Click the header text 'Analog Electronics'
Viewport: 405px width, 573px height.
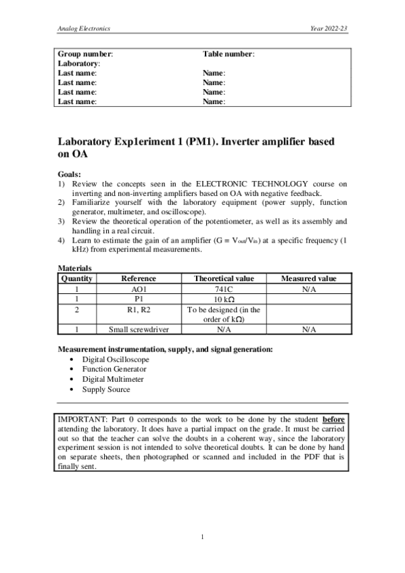(x=84, y=30)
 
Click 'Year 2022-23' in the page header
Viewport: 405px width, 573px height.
(x=329, y=30)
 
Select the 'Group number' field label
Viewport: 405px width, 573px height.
(x=85, y=53)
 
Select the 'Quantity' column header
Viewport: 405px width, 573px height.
(x=76, y=278)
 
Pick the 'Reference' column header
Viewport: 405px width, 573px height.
(x=139, y=278)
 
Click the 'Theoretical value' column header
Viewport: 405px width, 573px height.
(x=224, y=278)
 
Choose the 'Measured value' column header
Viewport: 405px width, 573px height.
(x=309, y=278)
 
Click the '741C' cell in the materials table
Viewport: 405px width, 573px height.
(x=224, y=289)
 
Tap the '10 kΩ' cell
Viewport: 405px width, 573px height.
(x=224, y=299)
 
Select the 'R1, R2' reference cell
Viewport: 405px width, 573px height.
(x=139, y=309)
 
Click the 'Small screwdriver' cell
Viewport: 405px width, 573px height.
(x=139, y=330)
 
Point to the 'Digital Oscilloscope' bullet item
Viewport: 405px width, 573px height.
(x=116, y=359)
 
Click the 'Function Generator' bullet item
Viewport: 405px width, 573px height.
(x=114, y=369)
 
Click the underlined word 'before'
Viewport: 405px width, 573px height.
(x=334, y=419)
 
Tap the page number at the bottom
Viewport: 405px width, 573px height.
(x=203, y=537)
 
